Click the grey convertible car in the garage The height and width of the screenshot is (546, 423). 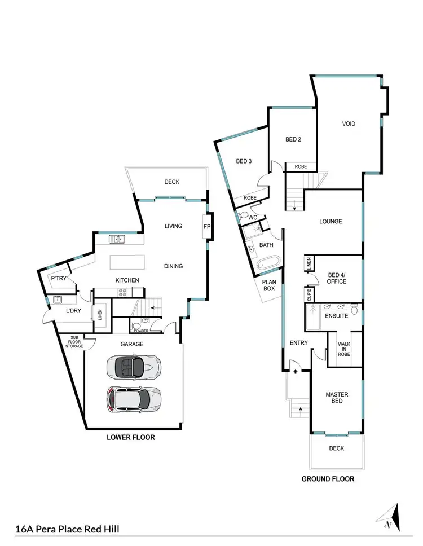click(x=134, y=368)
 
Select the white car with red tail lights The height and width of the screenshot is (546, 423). click(x=134, y=399)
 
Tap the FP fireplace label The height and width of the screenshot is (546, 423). click(x=206, y=227)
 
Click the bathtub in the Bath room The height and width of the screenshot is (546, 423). click(x=267, y=263)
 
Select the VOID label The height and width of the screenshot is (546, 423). click(x=349, y=125)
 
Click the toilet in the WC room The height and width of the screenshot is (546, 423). click(x=244, y=217)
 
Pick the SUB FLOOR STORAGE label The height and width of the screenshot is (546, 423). click(x=75, y=342)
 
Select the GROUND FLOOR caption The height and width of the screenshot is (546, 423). click(x=327, y=479)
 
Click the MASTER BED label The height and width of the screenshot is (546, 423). click(x=337, y=398)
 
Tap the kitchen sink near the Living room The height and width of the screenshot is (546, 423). click(x=118, y=239)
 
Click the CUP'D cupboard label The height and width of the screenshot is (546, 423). click(x=309, y=293)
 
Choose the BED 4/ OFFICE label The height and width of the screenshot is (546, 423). click(x=337, y=278)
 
